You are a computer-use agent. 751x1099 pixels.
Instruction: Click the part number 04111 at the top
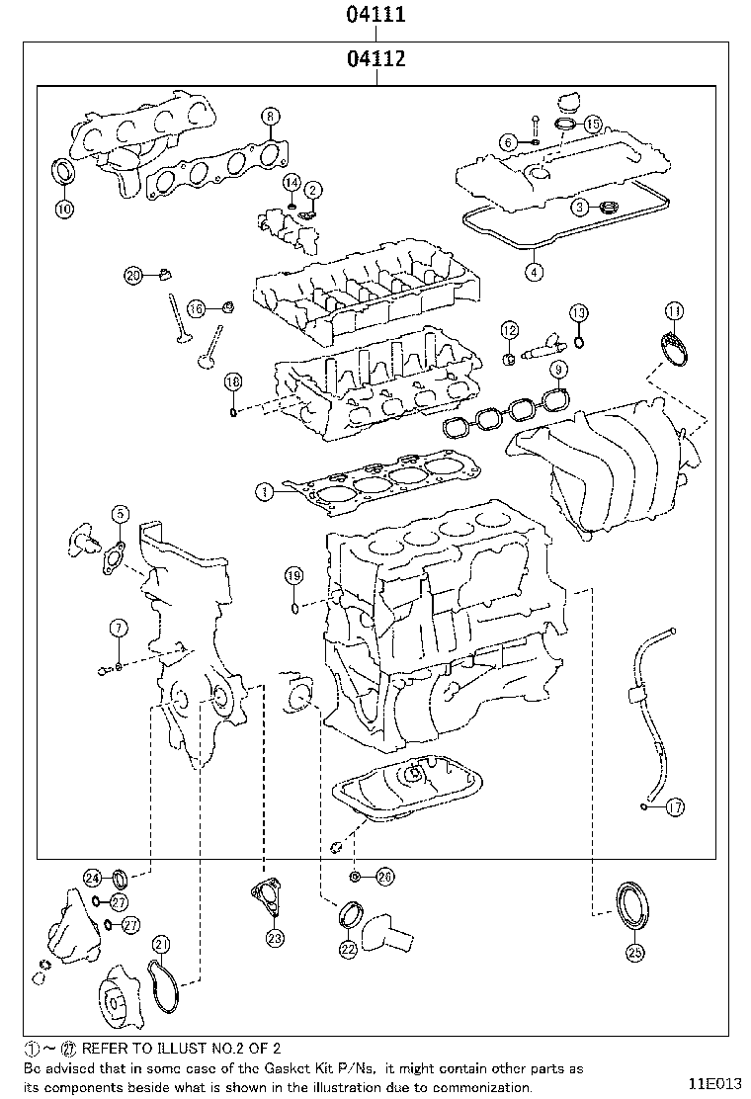point(375,15)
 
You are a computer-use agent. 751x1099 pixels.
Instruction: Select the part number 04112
point(375,59)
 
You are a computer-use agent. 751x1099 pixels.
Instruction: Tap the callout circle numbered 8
point(270,116)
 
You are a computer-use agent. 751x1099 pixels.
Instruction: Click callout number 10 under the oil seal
point(63,209)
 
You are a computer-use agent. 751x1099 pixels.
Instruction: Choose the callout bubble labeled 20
point(134,275)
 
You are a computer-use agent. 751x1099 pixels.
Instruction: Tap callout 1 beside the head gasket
point(264,490)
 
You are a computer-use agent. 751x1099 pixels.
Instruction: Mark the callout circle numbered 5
point(119,513)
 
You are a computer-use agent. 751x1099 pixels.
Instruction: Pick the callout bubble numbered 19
point(293,575)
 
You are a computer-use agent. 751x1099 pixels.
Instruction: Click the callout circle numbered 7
point(118,627)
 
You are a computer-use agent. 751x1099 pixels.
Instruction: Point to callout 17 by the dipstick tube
point(675,807)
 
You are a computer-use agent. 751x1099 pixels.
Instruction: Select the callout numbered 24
point(93,878)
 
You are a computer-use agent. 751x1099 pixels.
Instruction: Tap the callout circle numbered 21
point(161,944)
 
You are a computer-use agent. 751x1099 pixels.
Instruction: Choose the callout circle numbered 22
point(348,949)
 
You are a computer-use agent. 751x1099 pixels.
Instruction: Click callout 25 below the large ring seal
point(634,953)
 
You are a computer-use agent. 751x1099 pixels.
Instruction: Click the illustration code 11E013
point(715,1082)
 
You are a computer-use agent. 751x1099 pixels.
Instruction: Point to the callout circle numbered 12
point(509,329)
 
